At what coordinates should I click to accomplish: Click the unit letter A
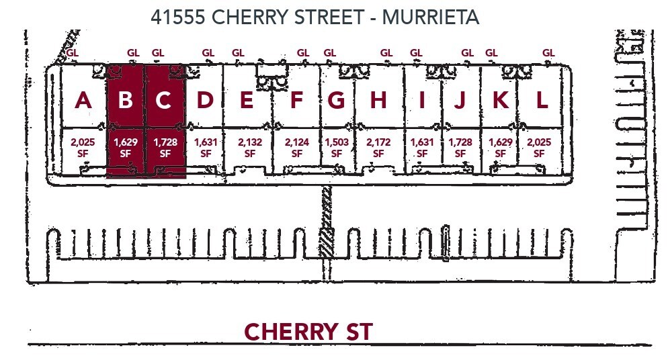pos(83,100)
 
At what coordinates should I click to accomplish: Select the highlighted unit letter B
pos(125,100)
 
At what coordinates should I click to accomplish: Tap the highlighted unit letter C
pos(163,100)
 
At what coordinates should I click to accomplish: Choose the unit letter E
pos(247,100)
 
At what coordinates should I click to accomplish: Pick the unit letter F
pos(296,100)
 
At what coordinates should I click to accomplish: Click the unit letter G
pos(337,100)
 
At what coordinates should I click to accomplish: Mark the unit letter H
pos(378,100)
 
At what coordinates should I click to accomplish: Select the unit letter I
pos(422,100)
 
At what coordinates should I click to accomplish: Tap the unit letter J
pos(460,100)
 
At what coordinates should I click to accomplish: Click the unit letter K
pos(501,100)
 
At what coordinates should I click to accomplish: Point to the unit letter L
pos(542,100)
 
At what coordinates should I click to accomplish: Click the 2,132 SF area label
pos(250,148)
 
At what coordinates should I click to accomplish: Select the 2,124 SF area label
pos(296,148)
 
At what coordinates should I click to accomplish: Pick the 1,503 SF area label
pos(337,148)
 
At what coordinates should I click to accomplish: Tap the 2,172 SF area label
pos(378,148)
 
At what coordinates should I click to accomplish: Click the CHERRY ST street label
pos(308,332)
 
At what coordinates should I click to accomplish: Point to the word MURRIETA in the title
pos(430,17)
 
